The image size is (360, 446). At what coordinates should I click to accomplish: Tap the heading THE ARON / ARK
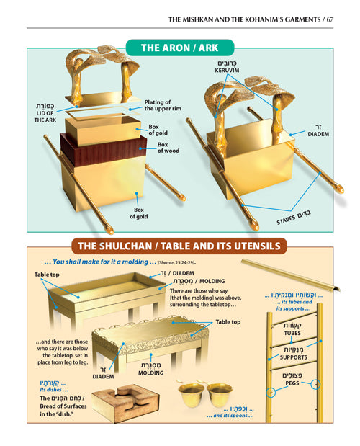click(x=179, y=49)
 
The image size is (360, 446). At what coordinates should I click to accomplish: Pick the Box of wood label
click(x=168, y=148)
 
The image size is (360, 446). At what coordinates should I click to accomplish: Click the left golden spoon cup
click(x=192, y=395)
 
